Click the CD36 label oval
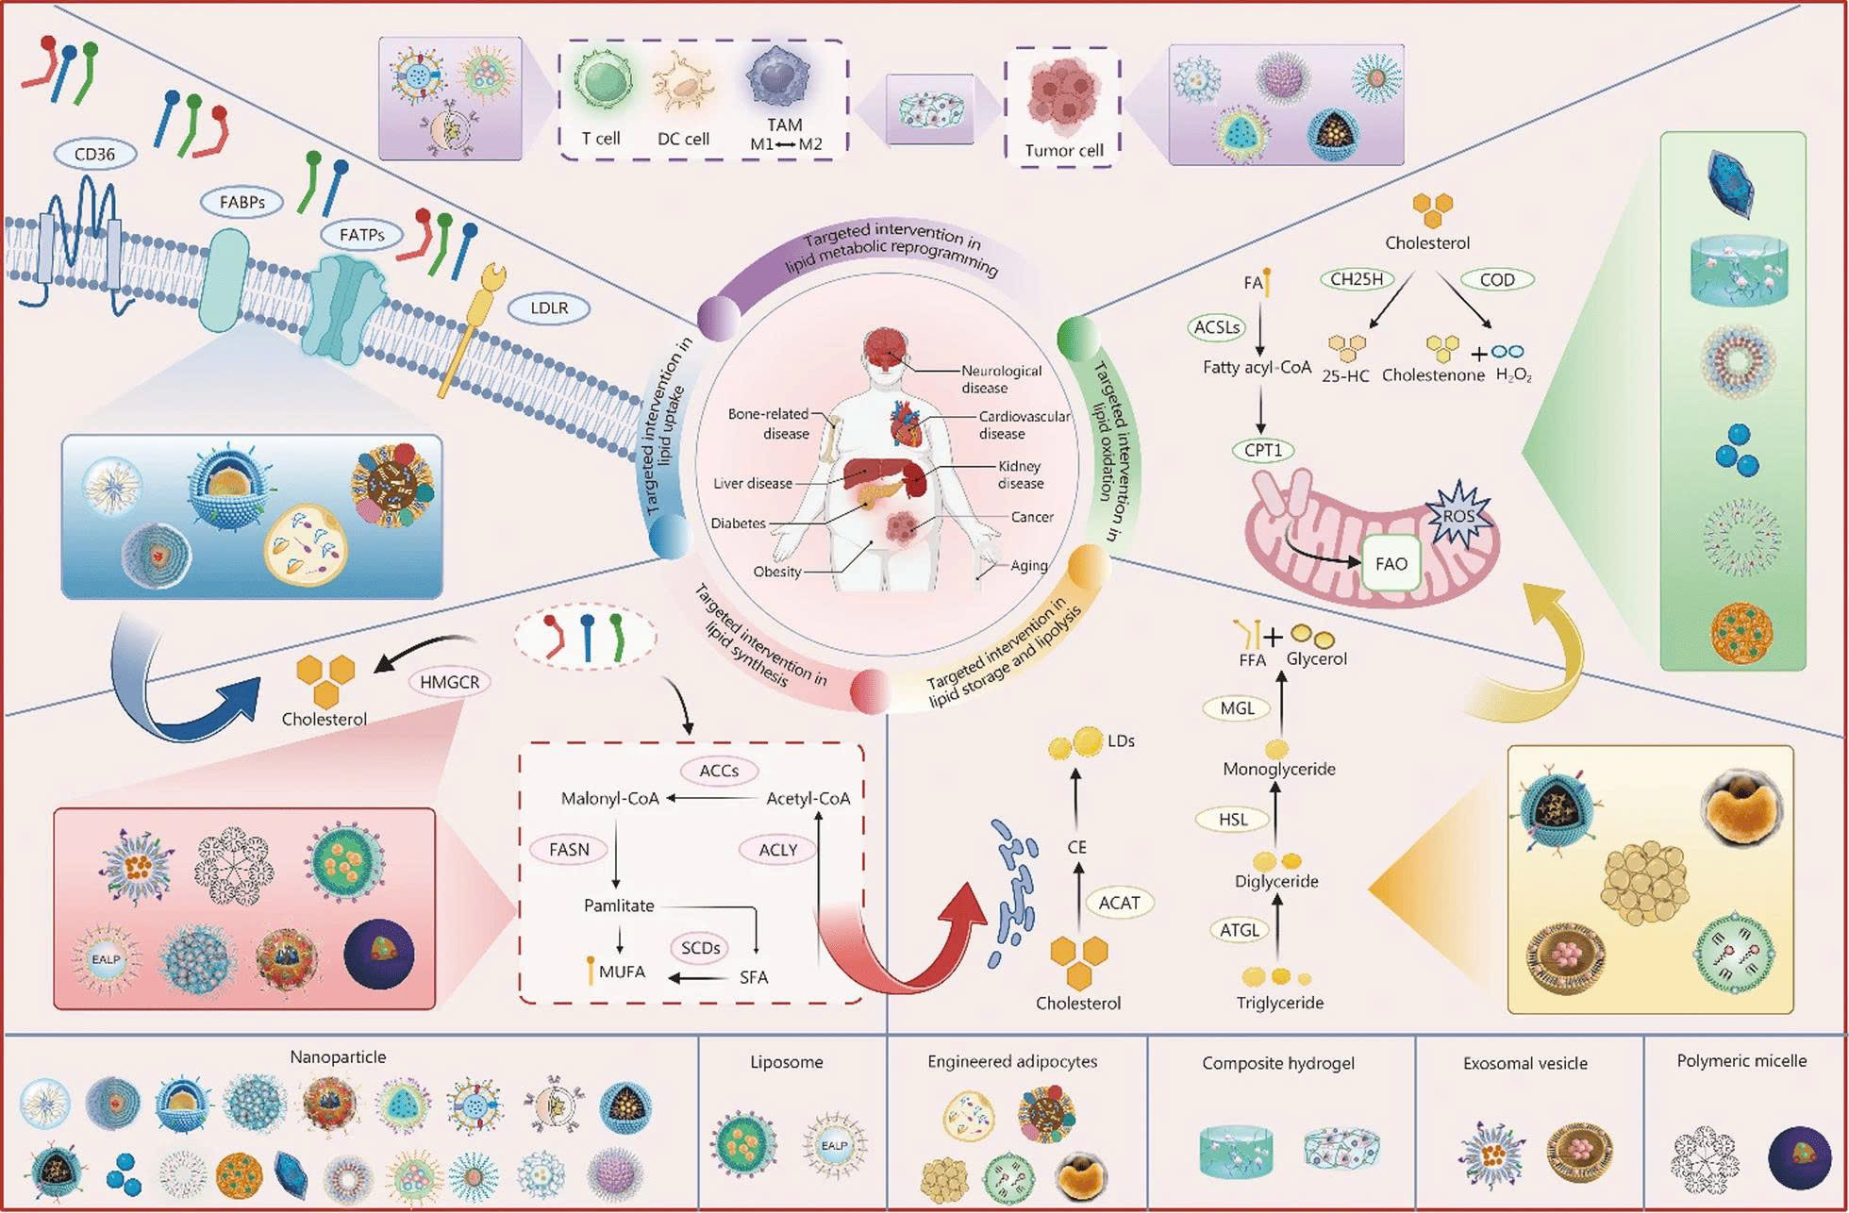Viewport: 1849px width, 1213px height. pos(94,154)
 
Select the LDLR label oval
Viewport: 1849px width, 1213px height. pos(549,307)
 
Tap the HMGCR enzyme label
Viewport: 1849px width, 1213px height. pos(449,681)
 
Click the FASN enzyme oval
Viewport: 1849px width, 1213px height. pos(569,849)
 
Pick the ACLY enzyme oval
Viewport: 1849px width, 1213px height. pos(778,849)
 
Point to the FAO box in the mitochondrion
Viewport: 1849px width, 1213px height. pos(1391,564)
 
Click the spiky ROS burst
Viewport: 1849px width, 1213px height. pos(1458,515)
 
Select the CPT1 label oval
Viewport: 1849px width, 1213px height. pos(1262,450)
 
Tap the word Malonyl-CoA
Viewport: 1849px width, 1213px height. pos(609,798)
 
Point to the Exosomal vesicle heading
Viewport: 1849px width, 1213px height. pos(1524,1063)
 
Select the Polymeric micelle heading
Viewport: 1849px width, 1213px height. pos(1741,1061)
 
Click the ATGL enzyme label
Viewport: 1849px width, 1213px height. pos(1239,930)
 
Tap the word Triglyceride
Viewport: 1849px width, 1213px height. pos(1279,1003)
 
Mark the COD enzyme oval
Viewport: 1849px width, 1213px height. pos(1497,279)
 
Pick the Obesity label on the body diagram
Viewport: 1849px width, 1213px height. pos(777,572)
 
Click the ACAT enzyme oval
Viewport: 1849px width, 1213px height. pos(1119,903)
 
